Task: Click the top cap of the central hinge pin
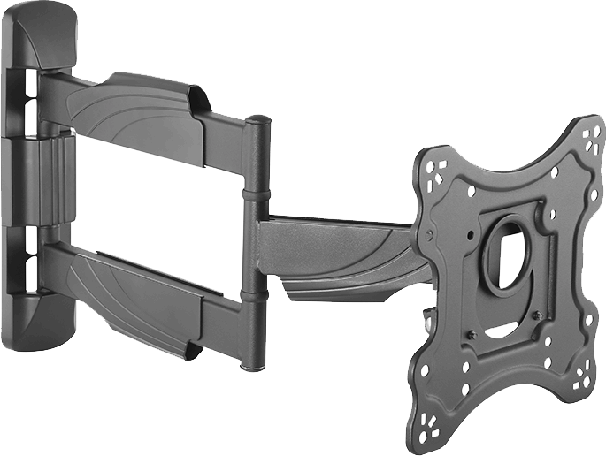point(257,120)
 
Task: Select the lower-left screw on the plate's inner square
point(472,334)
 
